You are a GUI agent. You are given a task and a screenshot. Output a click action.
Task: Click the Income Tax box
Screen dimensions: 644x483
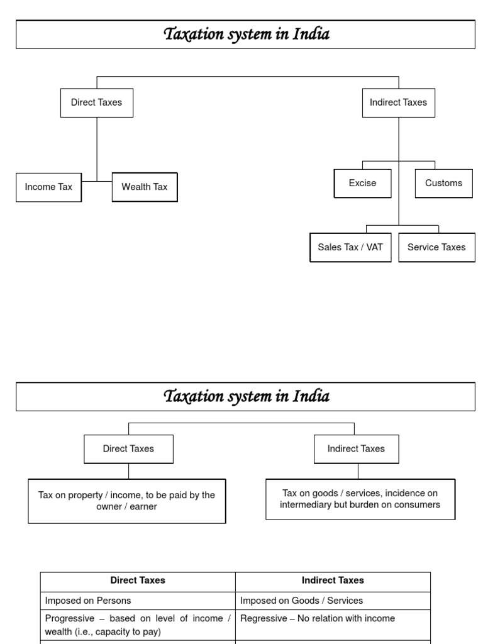pyautogui.click(x=48, y=187)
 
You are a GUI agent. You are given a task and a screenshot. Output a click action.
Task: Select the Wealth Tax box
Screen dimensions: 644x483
pyautogui.click(x=145, y=187)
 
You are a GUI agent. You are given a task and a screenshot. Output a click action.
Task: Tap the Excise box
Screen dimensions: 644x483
pyautogui.click(x=362, y=183)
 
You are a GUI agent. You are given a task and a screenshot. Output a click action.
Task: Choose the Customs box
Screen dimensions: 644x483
pyautogui.click(x=443, y=183)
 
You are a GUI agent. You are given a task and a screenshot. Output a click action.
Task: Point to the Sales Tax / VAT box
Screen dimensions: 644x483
pyautogui.click(x=350, y=247)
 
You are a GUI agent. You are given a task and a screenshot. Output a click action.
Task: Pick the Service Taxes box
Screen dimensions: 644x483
pyautogui.click(x=436, y=247)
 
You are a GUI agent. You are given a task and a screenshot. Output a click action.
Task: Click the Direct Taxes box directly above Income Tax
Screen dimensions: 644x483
pyautogui.click(x=97, y=103)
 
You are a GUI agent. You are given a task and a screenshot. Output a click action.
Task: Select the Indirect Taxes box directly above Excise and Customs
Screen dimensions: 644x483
pyautogui.click(x=398, y=103)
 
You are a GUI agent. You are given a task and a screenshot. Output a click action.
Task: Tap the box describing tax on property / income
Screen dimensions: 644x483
pyautogui.click(x=126, y=501)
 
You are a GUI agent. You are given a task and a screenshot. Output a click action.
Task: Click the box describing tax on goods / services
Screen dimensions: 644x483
pyautogui.click(x=360, y=499)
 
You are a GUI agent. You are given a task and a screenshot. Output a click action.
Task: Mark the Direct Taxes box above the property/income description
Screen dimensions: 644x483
pyautogui.click(x=128, y=449)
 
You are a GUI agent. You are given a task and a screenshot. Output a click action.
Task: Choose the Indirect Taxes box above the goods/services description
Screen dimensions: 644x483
pyautogui.click(x=356, y=449)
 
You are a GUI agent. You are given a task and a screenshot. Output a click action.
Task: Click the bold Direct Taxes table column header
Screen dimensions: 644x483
pyautogui.click(x=138, y=580)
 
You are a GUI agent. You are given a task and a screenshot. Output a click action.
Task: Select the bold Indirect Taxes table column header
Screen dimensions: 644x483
pyautogui.click(x=333, y=580)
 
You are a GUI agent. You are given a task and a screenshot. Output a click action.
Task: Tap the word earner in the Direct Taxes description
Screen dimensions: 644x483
pyautogui.click(x=144, y=507)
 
